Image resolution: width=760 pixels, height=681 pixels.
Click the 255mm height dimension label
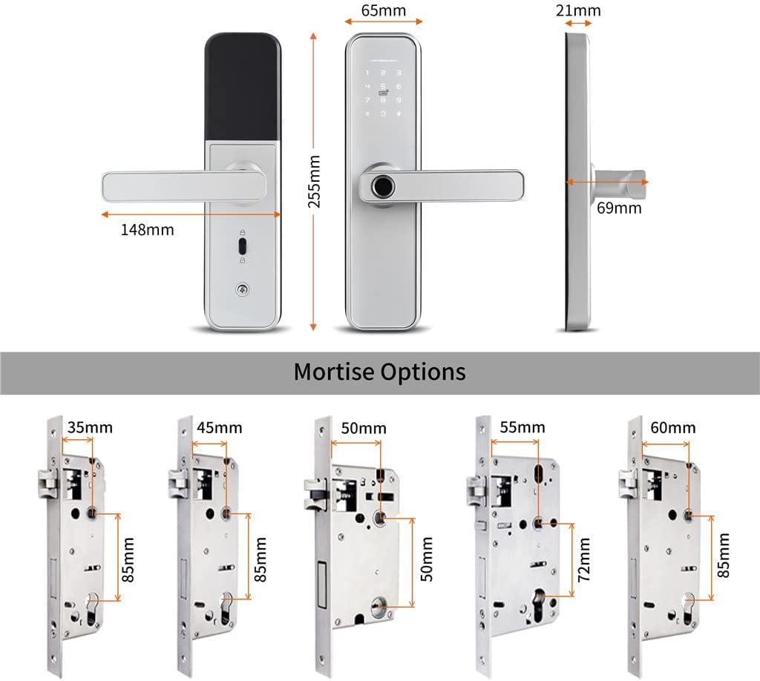click(x=315, y=182)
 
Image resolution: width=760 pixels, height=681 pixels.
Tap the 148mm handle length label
click(x=147, y=230)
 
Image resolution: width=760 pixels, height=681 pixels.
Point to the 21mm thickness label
click(x=577, y=10)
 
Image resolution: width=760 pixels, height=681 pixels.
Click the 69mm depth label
click(x=619, y=208)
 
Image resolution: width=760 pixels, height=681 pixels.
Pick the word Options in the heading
click(x=425, y=371)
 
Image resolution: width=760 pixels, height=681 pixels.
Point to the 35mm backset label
click(x=90, y=427)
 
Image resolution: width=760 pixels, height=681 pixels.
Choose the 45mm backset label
click(x=220, y=428)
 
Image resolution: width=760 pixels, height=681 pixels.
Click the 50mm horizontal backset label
click(x=364, y=428)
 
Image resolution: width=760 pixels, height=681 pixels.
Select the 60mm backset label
click(x=673, y=427)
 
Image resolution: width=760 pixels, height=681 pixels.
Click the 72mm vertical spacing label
click(x=585, y=559)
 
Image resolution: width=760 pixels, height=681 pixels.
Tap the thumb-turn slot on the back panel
click(x=243, y=245)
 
